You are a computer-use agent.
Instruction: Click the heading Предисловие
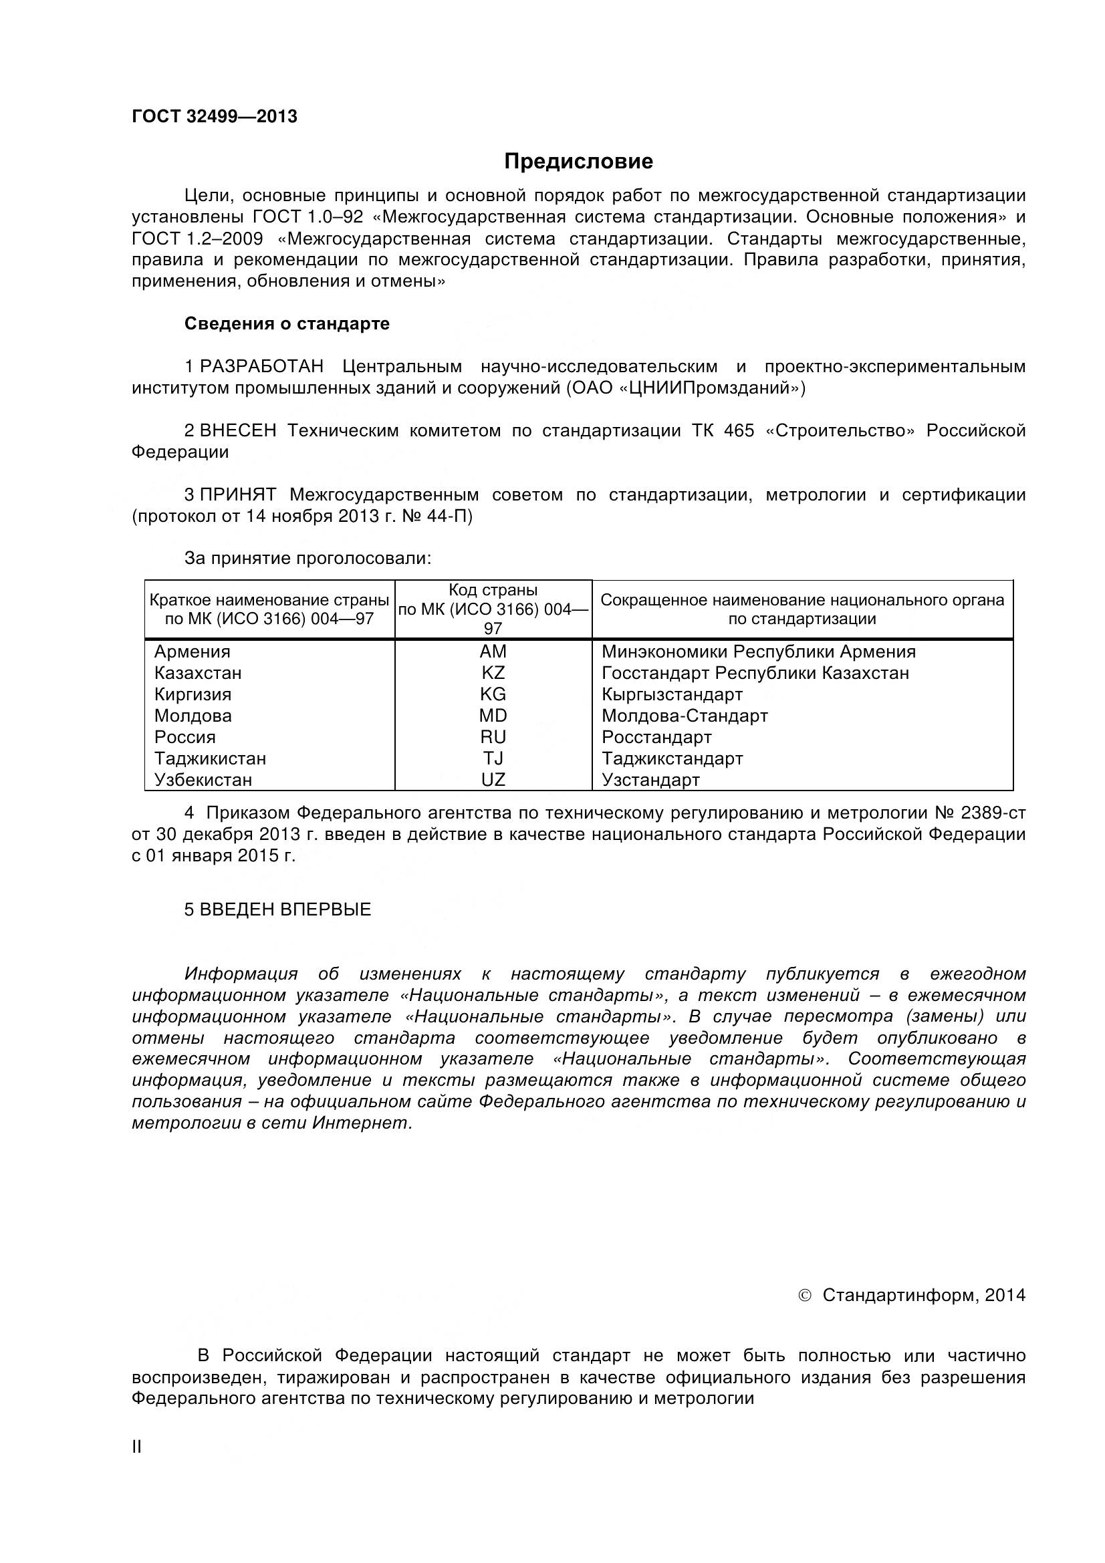[x=578, y=161]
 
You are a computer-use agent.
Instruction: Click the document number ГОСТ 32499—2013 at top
[x=215, y=117]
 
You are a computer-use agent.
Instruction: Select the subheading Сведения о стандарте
[x=287, y=323]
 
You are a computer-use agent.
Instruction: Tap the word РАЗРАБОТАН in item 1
[x=261, y=367]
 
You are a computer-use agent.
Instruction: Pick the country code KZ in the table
[x=493, y=674]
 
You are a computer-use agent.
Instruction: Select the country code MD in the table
[x=493, y=716]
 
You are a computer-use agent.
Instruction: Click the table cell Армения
[x=192, y=652]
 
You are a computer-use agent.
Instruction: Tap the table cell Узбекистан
[x=203, y=780]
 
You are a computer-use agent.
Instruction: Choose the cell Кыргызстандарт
[x=672, y=695]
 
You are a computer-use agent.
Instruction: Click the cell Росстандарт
[x=656, y=737]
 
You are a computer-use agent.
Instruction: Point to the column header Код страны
[x=493, y=590]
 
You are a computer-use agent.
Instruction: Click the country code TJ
[x=493, y=758]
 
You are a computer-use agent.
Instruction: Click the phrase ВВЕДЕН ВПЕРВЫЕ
[x=285, y=910]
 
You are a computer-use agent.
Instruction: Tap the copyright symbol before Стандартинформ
[x=804, y=1296]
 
